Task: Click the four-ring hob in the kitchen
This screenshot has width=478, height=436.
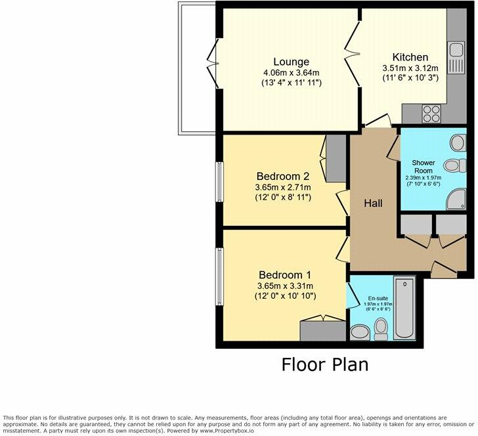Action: pyautogui.click(x=433, y=112)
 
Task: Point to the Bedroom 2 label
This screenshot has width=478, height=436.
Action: pyautogui.click(x=282, y=176)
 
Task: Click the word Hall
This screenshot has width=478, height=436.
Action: pyautogui.click(x=374, y=203)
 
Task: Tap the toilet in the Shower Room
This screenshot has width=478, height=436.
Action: pyautogui.click(x=451, y=165)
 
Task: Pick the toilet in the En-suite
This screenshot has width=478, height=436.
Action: pyautogui.click(x=380, y=326)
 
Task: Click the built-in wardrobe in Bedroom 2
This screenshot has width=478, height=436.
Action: pyautogui.click(x=334, y=157)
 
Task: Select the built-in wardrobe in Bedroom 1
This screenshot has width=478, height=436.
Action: pyautogui.click(x=322, y=330)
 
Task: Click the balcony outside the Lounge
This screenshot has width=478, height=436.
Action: pyautogui.click(x=197, y=66)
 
